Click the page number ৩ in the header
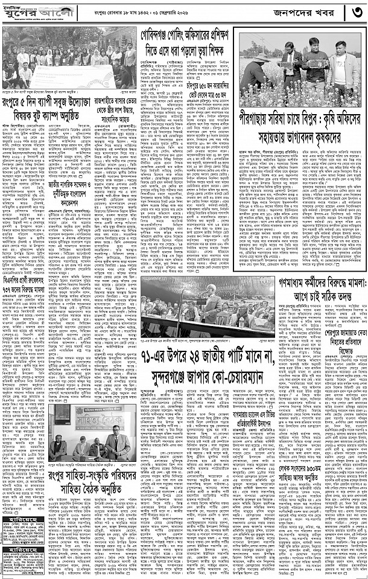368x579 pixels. click(x=355, y=12)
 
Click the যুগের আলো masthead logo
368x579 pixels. click(x=27, y=11)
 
